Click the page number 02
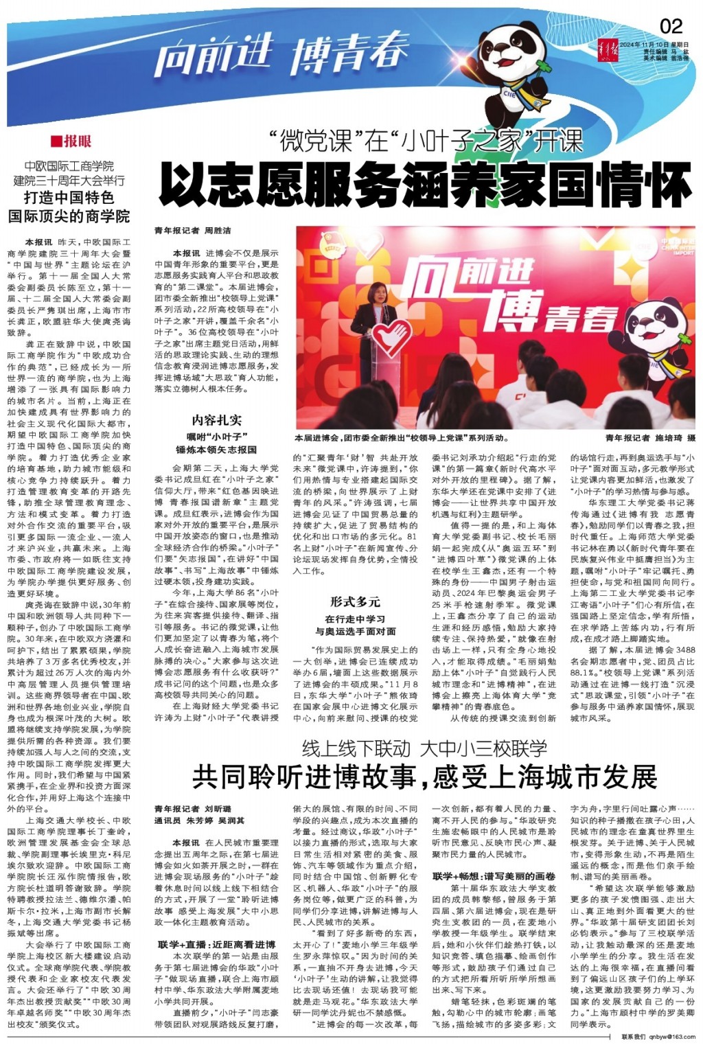click(671, 26)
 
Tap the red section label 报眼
click(71, 142)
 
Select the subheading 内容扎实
click(216, 421)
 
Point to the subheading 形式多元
click(355, 601)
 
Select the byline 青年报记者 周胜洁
click(192, 231)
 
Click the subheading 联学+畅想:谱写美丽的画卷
click(493, 877)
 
